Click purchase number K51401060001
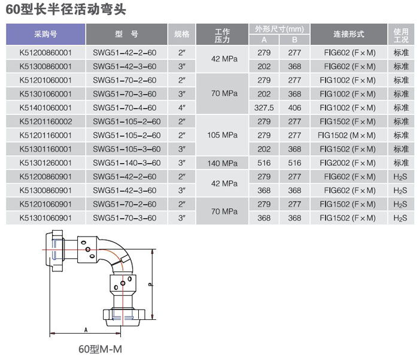click(45, 108)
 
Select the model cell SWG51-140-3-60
click(126, 162)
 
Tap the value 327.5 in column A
click(264, 108)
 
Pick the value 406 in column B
click(294, 108)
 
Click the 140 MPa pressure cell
click(222, 162)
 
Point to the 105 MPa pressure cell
click(222, 135)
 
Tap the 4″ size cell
click(182, 108)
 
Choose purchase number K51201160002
click(45, 122)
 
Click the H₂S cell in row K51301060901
click(400, 218)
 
